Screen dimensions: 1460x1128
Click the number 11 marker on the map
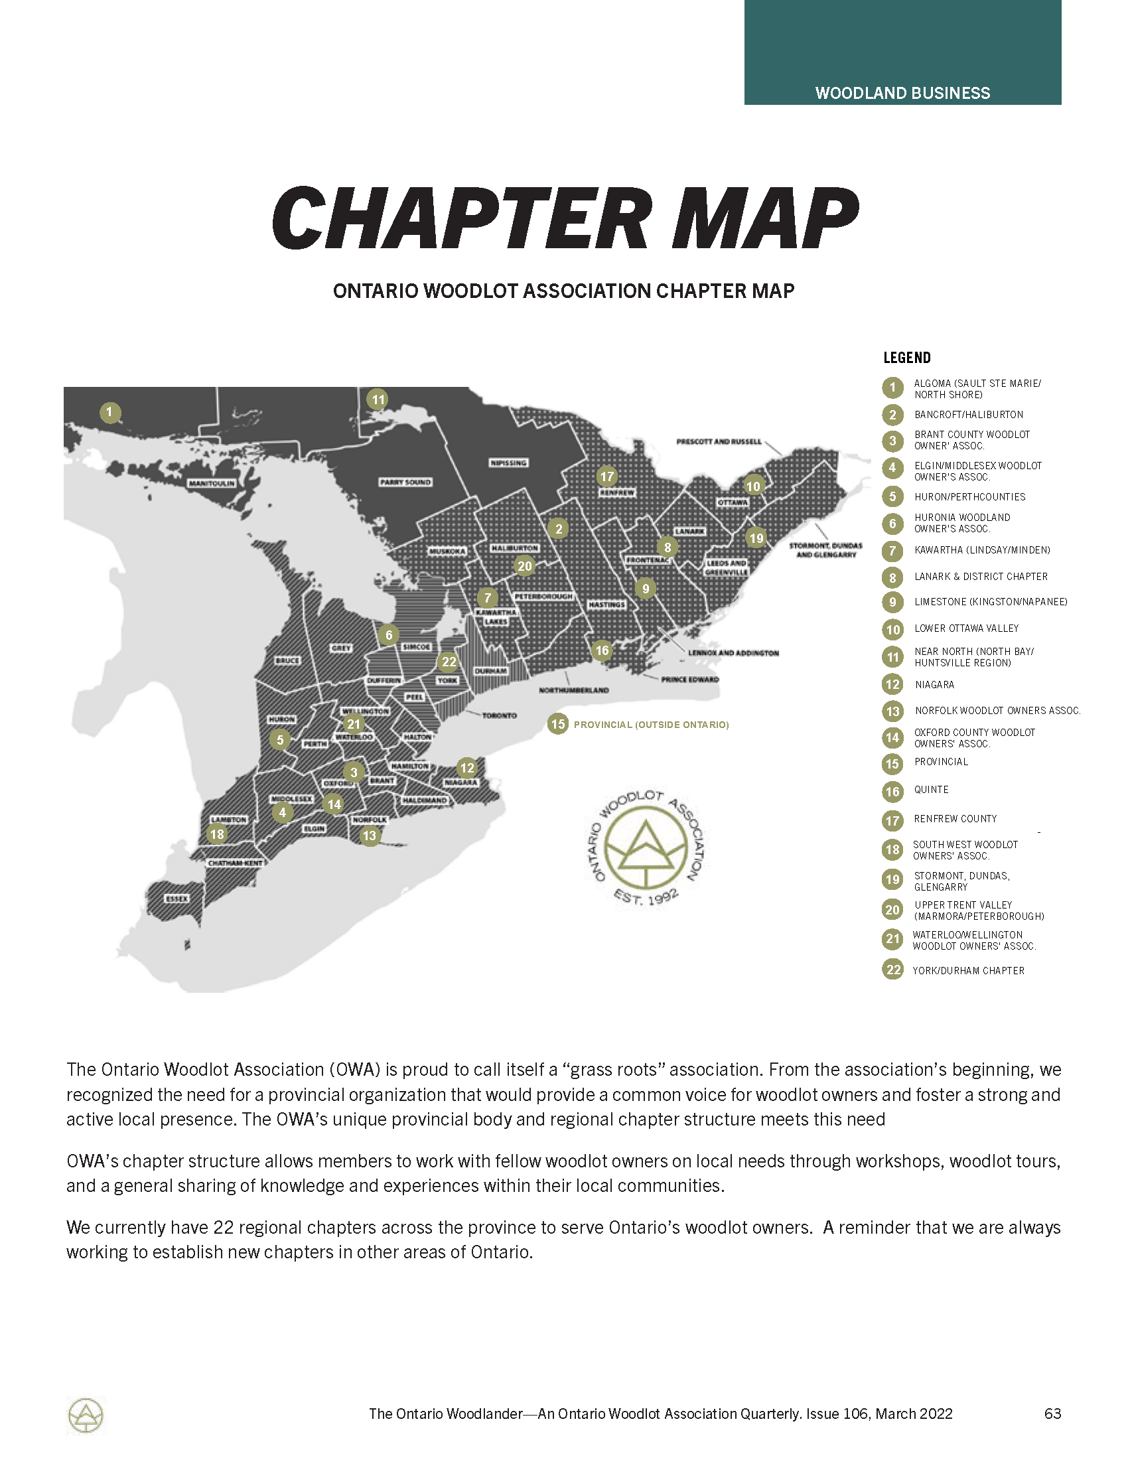(x=378, y=400)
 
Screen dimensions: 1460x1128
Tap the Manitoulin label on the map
(x=212, y=483)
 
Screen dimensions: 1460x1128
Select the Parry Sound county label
(x=405, y=482)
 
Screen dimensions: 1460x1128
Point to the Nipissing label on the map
(x=508, y=463)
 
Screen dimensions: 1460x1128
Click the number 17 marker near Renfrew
(x=606, y=476)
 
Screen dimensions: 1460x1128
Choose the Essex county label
(x=177, y=899)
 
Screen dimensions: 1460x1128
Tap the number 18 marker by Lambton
(x=217, y=834)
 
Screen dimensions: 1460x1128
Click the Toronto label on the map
(x=499, y=715)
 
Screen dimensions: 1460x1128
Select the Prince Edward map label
(x=689, y=680)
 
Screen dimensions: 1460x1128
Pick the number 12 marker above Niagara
(x=467, y=768)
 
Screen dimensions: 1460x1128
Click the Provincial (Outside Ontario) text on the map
(x=651, y=725)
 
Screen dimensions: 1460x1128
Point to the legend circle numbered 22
(x=892, y=970)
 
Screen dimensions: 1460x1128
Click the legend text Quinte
(x=931, y=790)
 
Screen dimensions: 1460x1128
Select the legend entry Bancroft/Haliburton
(x=968, y=415)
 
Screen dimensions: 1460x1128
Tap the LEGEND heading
(x=907, y=358)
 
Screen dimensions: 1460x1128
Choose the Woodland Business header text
(x=902, y=93)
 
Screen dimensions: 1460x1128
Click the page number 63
(x=1052, y=1413)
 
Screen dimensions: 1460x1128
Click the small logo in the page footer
(x=86, y=1415)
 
